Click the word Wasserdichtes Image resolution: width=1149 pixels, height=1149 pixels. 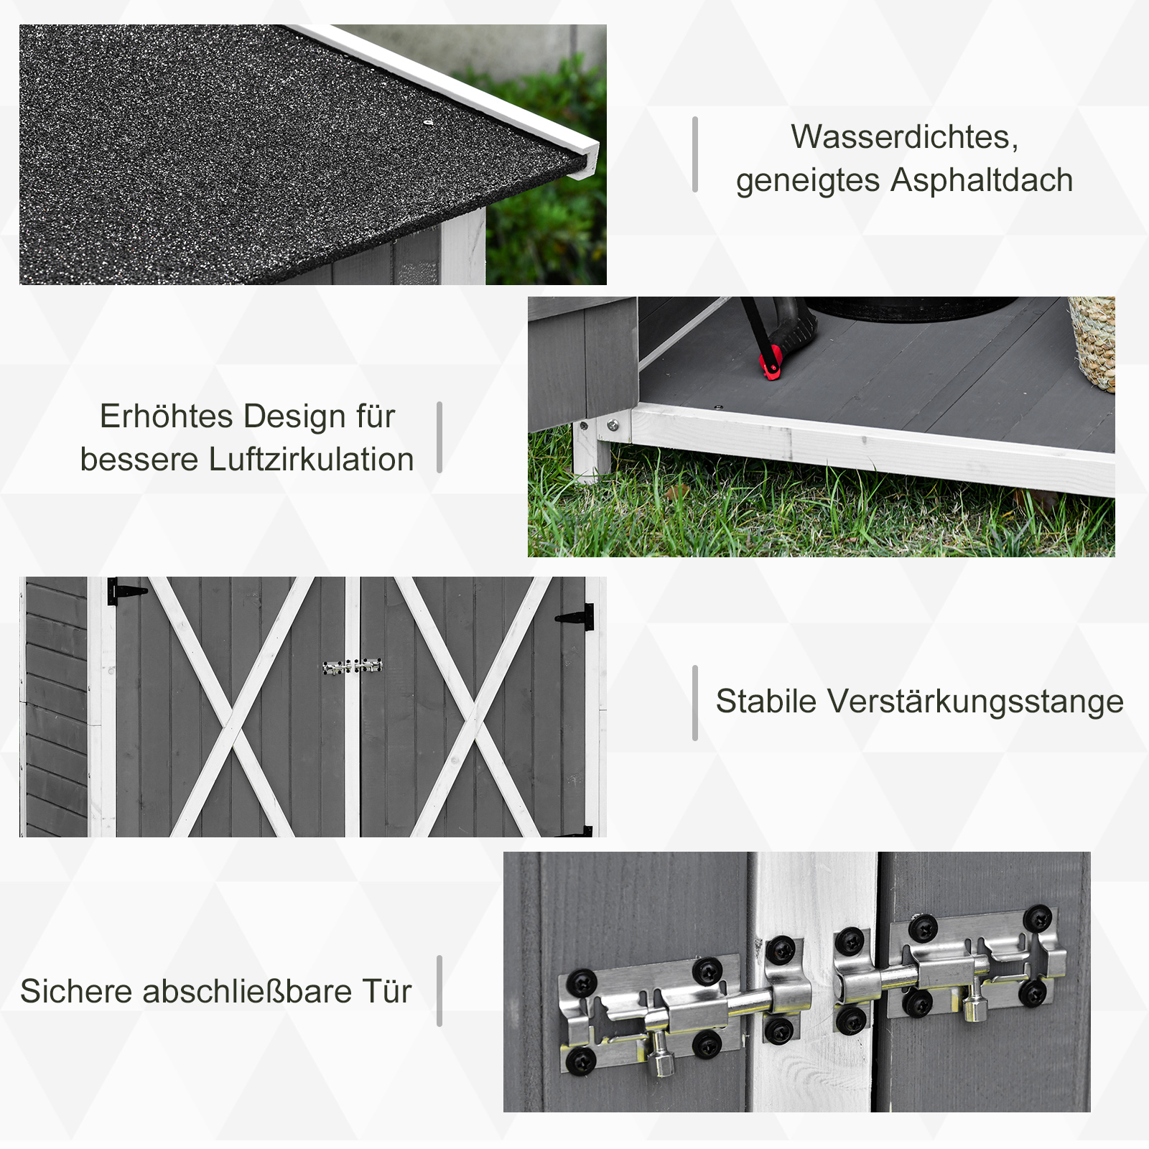point(903,136)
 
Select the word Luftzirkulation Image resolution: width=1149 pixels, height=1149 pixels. point(311,460)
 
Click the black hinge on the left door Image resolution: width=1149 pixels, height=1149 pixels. point(124,591)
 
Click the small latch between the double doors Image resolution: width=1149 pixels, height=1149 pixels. point(352,666)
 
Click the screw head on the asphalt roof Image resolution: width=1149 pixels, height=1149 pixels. point(428,123)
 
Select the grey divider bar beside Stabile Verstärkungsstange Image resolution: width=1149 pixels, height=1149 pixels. point(694,702)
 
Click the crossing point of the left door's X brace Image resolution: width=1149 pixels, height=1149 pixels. point(231,719)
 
